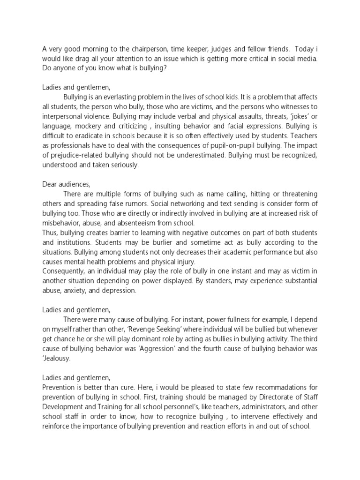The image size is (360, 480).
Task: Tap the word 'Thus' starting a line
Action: tap(49, 233)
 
